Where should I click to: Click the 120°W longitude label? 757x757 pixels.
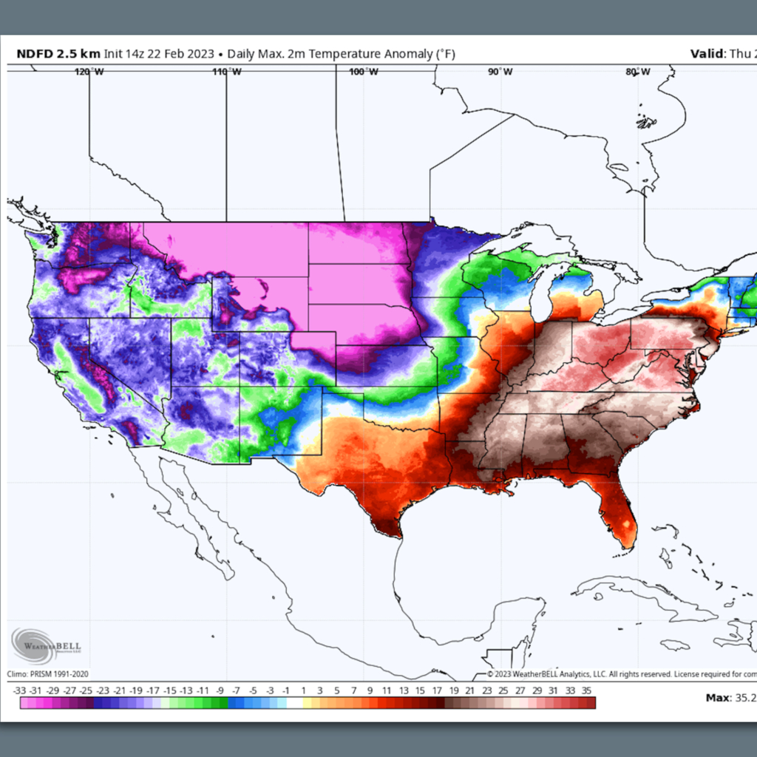pyautogui.click(x=89, y=72)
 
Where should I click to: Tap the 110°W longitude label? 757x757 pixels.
pyautogui.click(x=226, y=72)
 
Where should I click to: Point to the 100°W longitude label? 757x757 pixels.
pyautogui.click(x=363, y=72)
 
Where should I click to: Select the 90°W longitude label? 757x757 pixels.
pyautogui.click(x=500, y=72)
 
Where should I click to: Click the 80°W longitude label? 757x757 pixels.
pyautogui.click(x=637, y=72)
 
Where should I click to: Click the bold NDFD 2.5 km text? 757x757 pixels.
pyautogui.click(x=58, y=54)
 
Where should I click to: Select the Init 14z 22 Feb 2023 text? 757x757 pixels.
pyautogui.click(x=159, y=54)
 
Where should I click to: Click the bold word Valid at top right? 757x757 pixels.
pyautogui.click(x=707, y=54)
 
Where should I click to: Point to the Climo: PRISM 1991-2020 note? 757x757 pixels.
pyautogui.click(x=48, y=673)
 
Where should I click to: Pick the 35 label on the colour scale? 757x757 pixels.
pyautogui.click(x=586, y=690)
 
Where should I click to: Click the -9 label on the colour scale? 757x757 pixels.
pyautogui.click(x=220, y=690)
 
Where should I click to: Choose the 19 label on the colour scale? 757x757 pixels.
pyautogui.click(x=453, y=690)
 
